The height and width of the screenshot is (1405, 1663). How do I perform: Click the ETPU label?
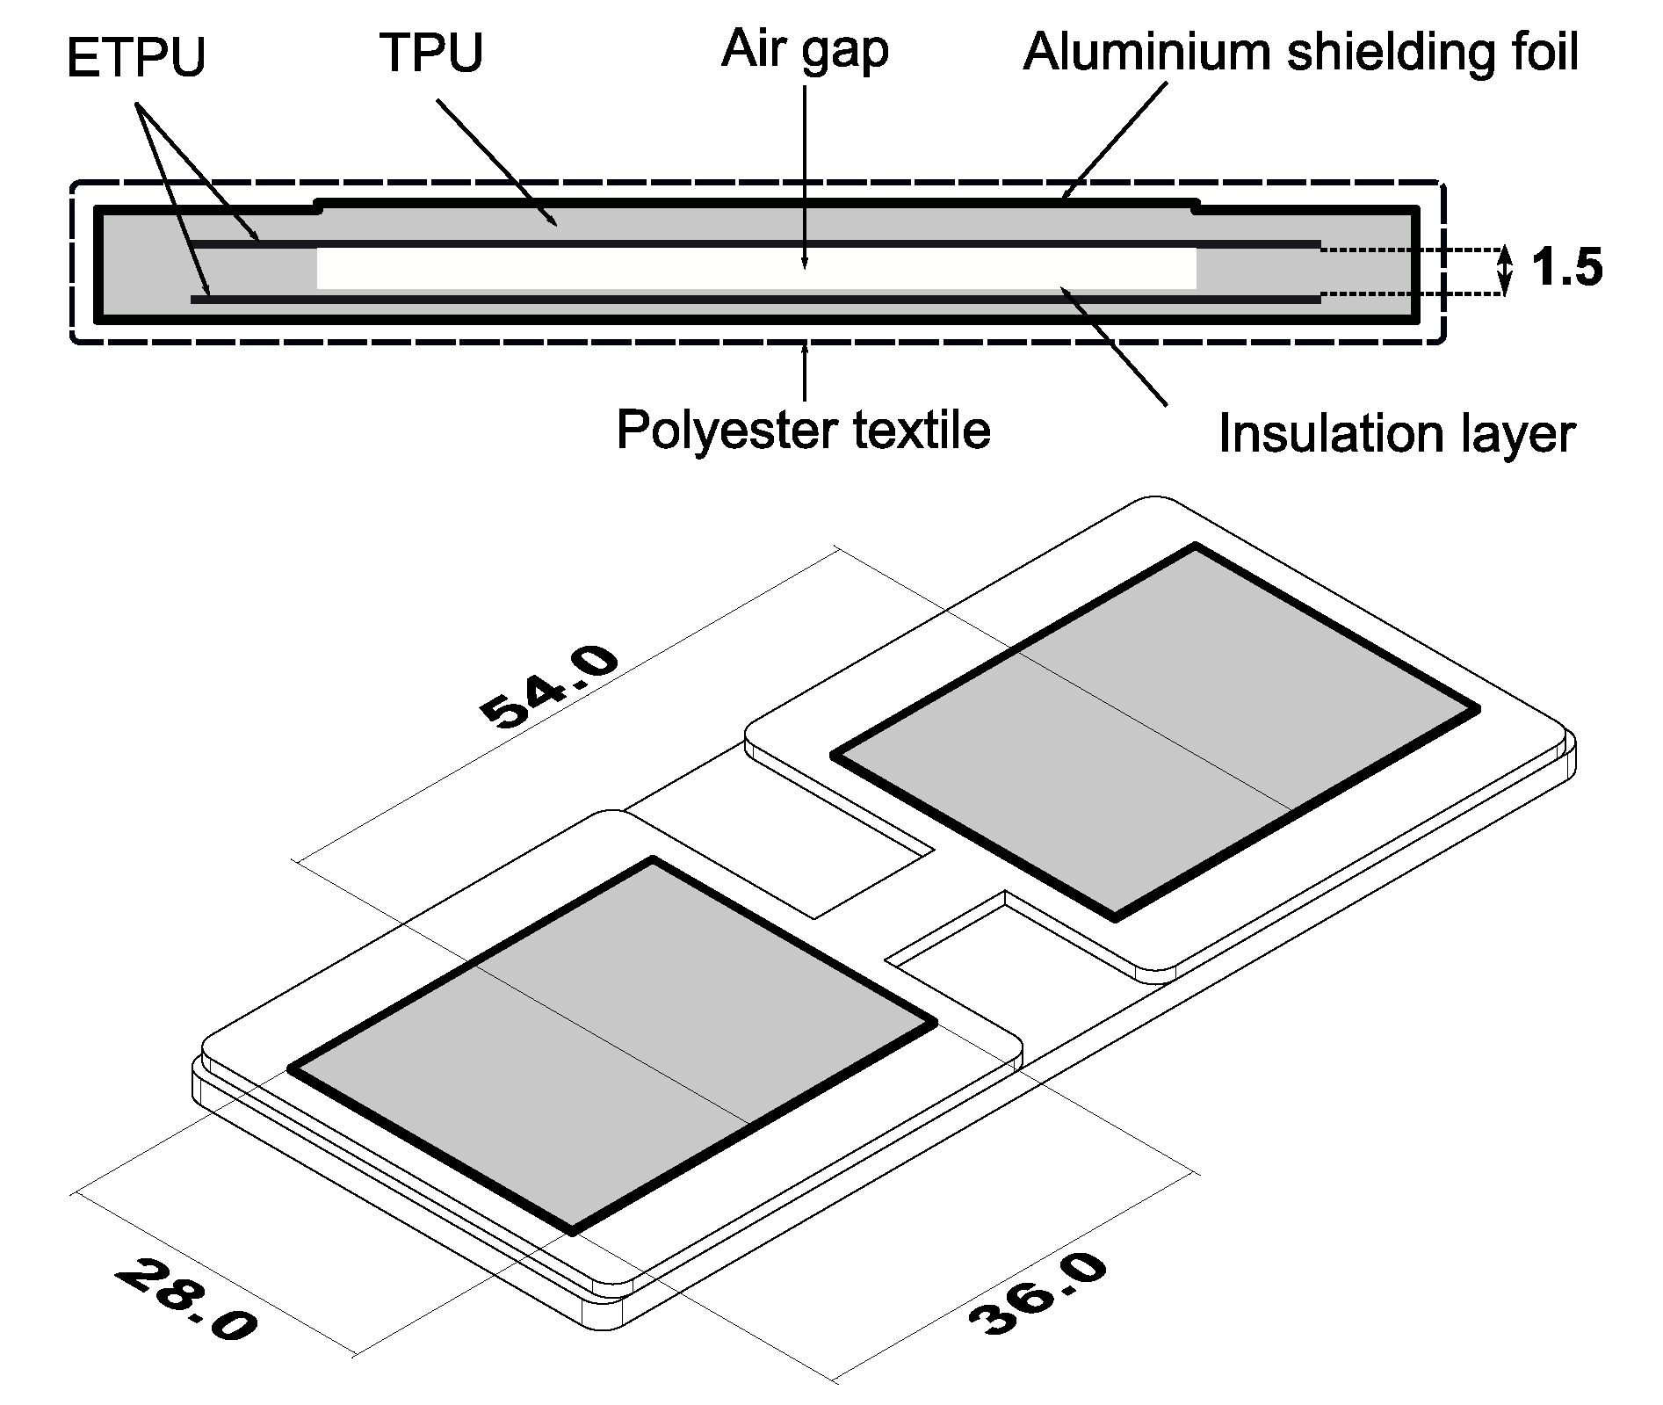(135, 58)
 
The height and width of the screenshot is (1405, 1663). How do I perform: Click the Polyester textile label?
(803, 430)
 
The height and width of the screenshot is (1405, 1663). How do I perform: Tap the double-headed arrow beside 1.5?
(1505, 270)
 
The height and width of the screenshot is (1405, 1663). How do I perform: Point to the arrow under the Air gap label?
(804, 176)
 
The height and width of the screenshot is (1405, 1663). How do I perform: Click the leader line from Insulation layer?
(1116, 347)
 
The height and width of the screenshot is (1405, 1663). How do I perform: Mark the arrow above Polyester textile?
(804, 373)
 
